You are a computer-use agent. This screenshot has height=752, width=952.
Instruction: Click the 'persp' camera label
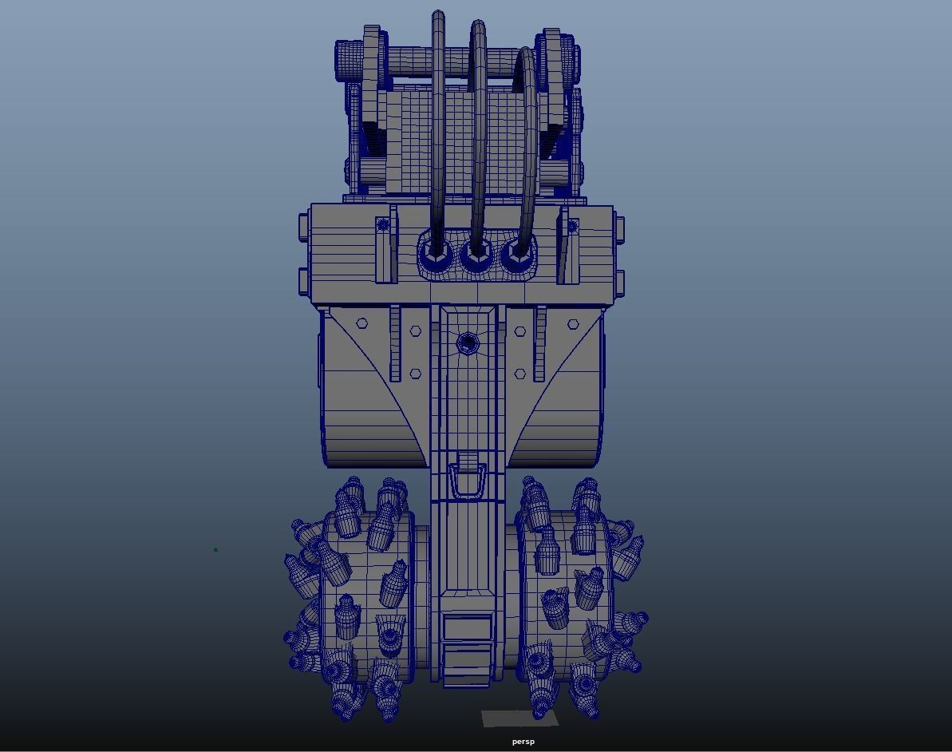click(523, 742)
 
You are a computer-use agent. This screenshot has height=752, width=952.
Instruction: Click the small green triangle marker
click(215, 549)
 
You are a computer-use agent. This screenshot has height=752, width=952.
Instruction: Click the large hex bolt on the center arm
click(468, 343)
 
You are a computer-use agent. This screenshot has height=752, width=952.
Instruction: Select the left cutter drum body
click(367, 599)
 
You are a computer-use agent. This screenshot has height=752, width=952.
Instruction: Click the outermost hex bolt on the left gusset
click(361, 323)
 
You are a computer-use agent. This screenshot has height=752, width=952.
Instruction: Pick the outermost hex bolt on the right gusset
click(573, 324)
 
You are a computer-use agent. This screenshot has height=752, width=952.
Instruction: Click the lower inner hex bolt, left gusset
click(416, 374)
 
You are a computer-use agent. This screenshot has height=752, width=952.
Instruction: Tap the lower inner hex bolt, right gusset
click(520, 374)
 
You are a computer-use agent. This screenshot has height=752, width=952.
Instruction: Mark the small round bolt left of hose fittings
click(383, 225)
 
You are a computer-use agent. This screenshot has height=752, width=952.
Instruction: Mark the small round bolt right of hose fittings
click(571, 227)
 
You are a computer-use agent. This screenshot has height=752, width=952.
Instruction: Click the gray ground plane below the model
click(519, 719)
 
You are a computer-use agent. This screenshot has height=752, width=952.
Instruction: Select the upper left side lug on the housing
click(304, 226)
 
